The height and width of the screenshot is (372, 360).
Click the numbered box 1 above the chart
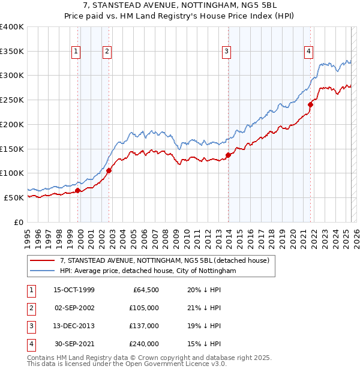pos(77,52)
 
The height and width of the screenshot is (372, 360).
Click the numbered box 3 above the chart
pos(227,52)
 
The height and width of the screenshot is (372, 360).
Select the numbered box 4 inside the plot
pos(308,52)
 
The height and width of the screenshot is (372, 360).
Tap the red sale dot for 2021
pos(311,104)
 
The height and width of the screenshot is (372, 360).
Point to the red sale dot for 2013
pos(229,155)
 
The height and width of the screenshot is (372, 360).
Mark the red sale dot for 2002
pos(109,170)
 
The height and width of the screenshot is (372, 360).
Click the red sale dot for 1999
pos(78,190)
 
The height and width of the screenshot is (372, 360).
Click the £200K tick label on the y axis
pos(12,124)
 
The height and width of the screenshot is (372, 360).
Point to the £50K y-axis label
pos(14,197)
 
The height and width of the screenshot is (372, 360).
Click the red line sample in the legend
pos(41,261)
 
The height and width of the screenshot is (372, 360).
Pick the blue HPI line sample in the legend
pos(41,271)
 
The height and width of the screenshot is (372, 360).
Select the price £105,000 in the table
pos(145,308)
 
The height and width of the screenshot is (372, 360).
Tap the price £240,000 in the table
pos(145,344)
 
